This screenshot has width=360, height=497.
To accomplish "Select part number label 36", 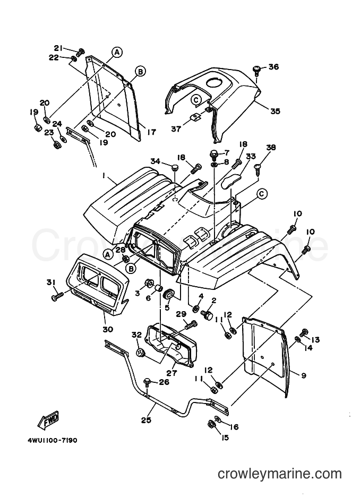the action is pos(273,66).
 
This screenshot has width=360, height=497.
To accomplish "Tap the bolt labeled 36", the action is pos(256,71).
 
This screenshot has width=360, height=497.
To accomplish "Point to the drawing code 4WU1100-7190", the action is pos(50,441).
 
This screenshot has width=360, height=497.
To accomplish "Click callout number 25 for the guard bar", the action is pos(146,420).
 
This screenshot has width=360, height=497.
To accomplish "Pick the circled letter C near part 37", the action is pos(196,100).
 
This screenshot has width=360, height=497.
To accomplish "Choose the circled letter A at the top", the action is pos(117,52).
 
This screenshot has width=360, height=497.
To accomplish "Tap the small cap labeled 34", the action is pos(174,167).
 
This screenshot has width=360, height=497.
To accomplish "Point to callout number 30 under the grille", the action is pos(108,329).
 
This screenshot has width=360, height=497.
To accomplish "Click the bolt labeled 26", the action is pos(148,382).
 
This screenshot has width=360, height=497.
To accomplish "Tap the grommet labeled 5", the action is pos(168,294).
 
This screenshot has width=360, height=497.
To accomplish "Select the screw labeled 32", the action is pos(140,352).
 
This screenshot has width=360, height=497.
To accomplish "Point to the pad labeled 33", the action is pos(230,181).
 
